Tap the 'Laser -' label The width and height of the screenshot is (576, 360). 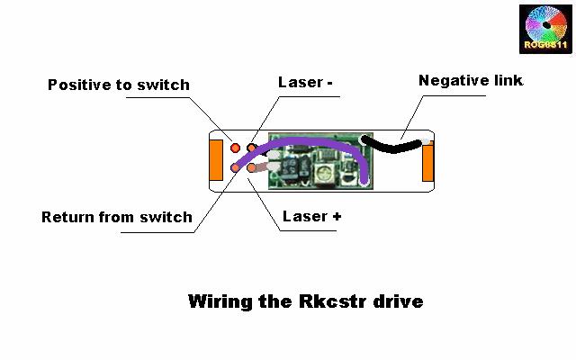tap(306, 83)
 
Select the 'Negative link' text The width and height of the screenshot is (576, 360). tap(471, 81)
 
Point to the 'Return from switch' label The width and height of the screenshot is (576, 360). tap(117, 217)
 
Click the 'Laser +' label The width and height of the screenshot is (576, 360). tap(311, 216)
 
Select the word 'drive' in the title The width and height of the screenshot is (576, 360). tap(394, 301)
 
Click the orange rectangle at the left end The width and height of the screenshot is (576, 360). tap(216, 160)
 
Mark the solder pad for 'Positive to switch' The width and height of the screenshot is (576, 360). tap(236, 147)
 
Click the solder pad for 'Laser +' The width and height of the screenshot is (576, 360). tap(252, 167)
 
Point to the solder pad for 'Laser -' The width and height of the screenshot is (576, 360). tap(252, 147)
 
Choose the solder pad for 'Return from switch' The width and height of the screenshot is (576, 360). tap(236, 167)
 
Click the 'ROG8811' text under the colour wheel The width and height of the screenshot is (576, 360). tap(545, 44)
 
